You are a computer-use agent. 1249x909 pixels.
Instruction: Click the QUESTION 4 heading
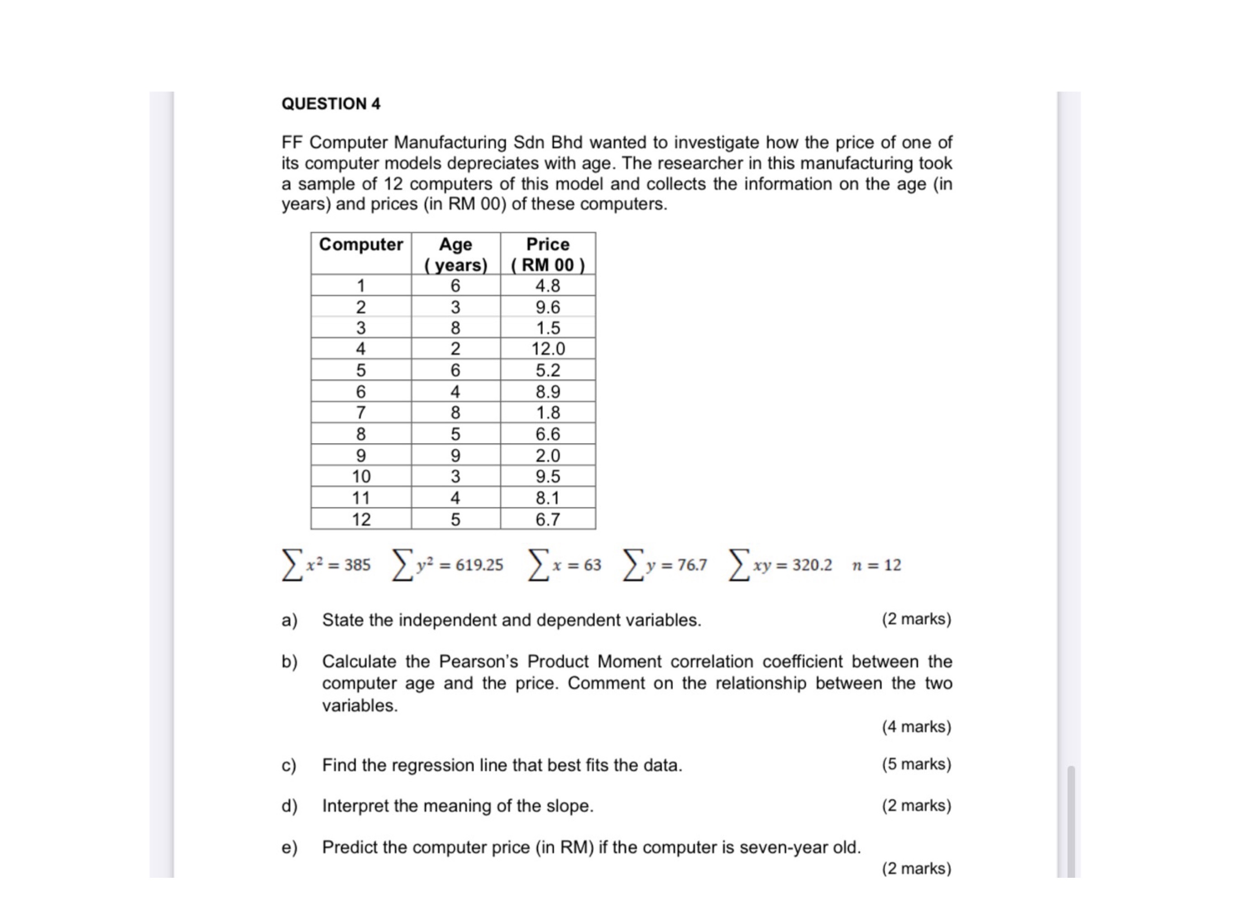330,104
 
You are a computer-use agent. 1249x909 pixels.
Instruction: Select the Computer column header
361,244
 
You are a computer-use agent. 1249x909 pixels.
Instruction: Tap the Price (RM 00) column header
547,254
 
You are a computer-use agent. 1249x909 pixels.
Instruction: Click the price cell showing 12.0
547,349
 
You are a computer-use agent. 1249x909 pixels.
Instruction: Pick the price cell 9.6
547,306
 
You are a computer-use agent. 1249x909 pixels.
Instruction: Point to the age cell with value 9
455,455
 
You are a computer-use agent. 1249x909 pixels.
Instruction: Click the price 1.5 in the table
547,328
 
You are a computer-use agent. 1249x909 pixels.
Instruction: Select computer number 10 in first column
361,476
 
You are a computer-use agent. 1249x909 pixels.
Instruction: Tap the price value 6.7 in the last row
547,519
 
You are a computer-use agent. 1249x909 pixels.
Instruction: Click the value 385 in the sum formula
358,565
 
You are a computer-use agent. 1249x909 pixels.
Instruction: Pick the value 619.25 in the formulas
479,565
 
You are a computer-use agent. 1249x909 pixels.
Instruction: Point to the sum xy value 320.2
812,565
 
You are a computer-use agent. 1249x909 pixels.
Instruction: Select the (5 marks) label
916,764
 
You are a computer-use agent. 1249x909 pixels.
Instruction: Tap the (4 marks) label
916,727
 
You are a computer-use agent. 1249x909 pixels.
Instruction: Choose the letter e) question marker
289,847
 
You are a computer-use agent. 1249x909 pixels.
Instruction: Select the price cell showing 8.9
547,392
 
